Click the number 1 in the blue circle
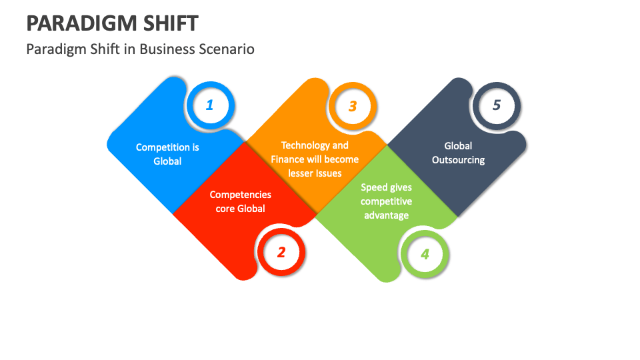pyautogui.click(x=210, y=105)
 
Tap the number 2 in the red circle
pyautogui.click(x=281, y=252)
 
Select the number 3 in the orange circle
pyautogui.click(x=353, y=106)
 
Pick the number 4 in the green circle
pyautogui.click(x=425, y=254)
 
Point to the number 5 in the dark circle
pyautogui.click(x=496, y=105)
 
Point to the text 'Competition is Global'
pyautogui.click(x=167, y=154)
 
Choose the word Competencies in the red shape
pyautogui.click(x=241, y=195)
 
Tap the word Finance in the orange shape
pyautogui.click(x=288, y=159)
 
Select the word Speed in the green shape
pyautogui.click(x=375, y=187)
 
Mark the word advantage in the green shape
pyautogui.click(x=387, y=215)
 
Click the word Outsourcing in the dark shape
pyautogui.click(x=458, y=160)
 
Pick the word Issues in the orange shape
pyautogui.click(x=328, y=173)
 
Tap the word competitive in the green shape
pyautogui.click(x=387, y=201)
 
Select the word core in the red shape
pyautogui.click(x=225, y=209)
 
